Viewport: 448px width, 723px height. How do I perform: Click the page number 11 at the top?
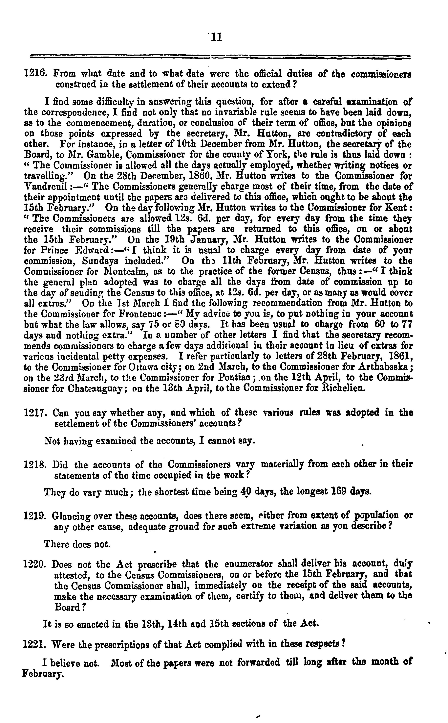pyautogui.click(x=216, y=37)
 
